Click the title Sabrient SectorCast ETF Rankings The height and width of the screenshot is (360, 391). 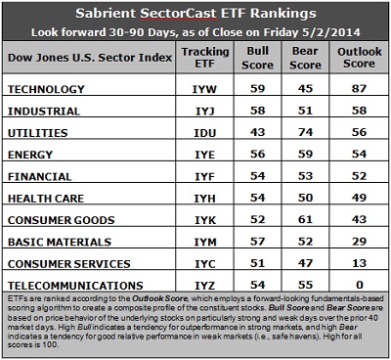pos(195,13)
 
